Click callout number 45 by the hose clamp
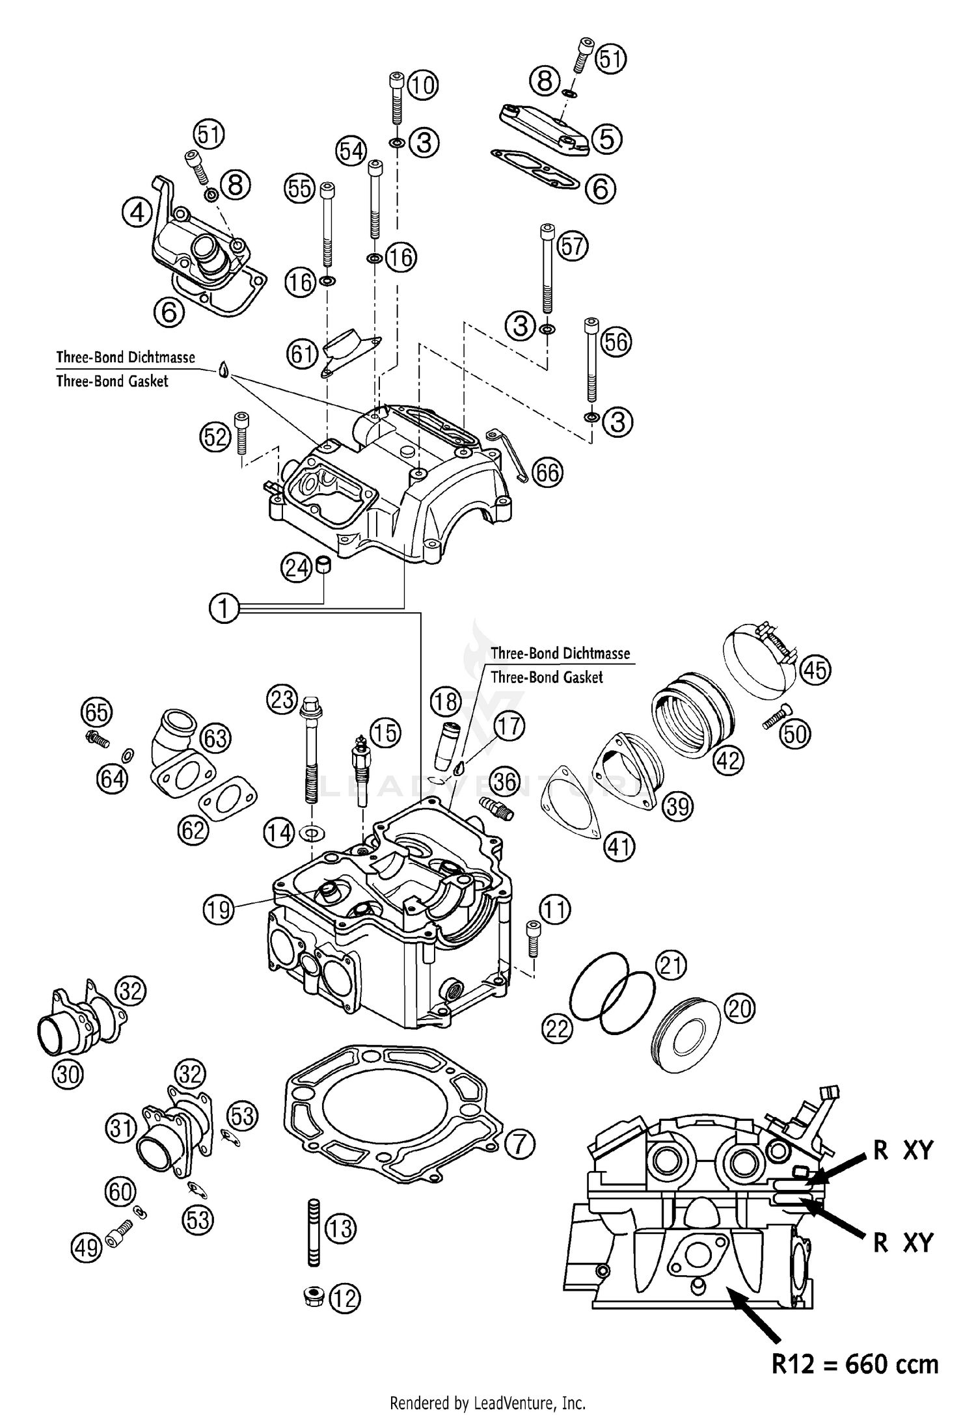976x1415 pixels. click(x=815, y=669)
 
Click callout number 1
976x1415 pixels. click(x=224, y=609)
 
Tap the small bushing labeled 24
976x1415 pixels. click(x=323, y=564)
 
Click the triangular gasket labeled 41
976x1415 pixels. click(x=571, y=804)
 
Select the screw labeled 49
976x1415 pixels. click(x=118, y=1242)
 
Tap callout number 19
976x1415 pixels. click(x=219, y=909)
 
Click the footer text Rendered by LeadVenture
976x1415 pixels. click(x=487, y=1401)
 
